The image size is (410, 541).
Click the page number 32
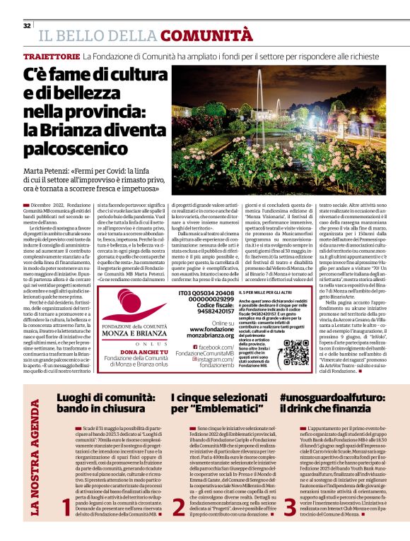pos(27,25)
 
